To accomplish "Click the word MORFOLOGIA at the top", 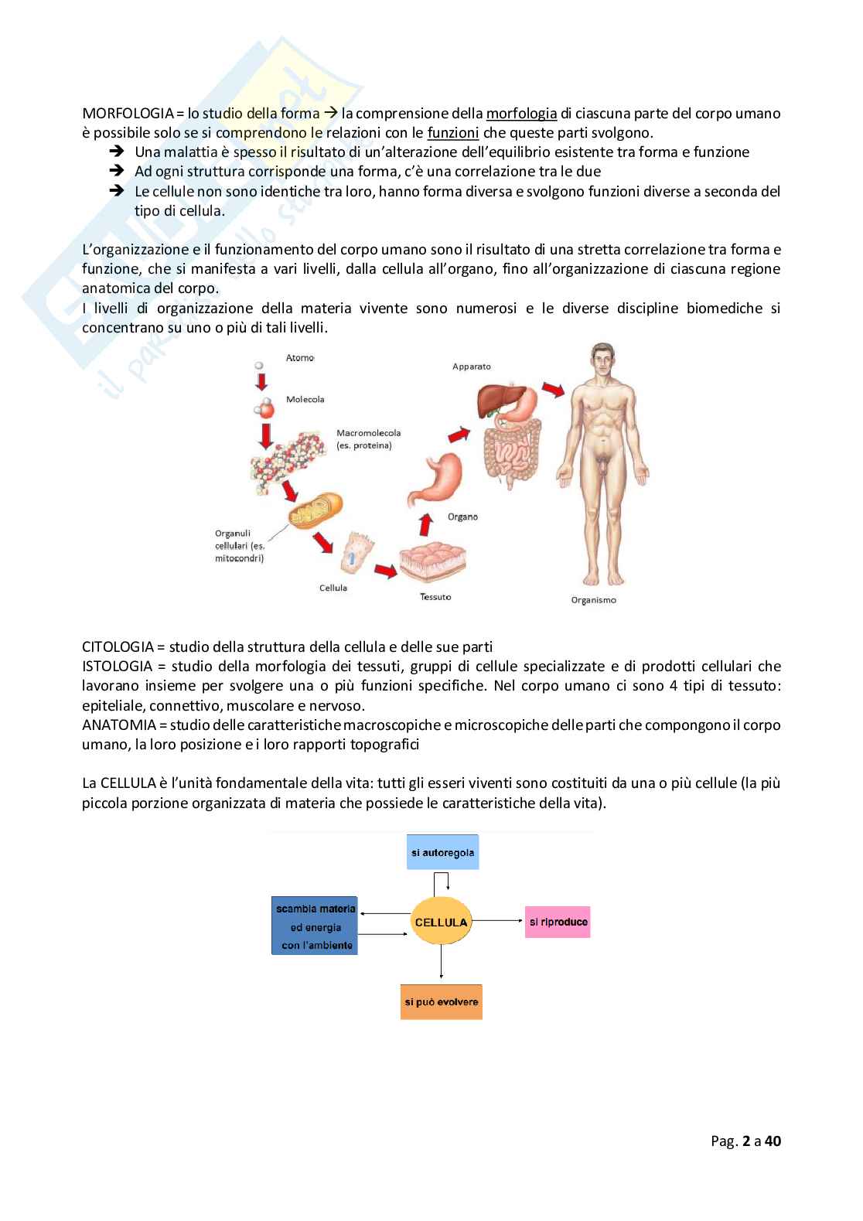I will click(128, 114).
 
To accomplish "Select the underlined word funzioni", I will click(453, 132).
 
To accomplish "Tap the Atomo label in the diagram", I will click(300, 358).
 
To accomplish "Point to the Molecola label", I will click(305, 400).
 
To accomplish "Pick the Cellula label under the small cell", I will click(333, 588).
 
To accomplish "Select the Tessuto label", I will click(435, 596).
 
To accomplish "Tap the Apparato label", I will click(471, 367).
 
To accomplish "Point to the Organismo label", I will click(593, 599).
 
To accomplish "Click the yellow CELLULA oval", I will click(441, 922).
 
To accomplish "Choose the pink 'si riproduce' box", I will click(558, 922).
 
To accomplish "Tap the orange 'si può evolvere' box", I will click(441, 1001).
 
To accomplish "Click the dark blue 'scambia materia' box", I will click(315, 926).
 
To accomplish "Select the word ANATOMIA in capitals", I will click(118, 725).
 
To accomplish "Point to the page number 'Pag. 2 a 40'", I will click(745, 1141).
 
